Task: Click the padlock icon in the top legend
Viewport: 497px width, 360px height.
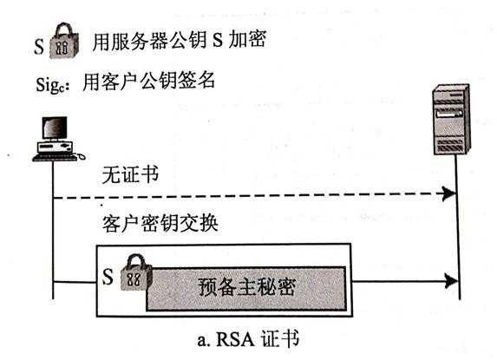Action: (67, 40)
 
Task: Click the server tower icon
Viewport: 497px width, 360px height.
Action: (451, 119)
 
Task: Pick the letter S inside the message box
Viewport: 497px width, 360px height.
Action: (108, 278)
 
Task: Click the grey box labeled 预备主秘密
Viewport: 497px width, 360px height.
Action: (247, 287)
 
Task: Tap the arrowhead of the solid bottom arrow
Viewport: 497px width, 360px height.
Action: (449, 281)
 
